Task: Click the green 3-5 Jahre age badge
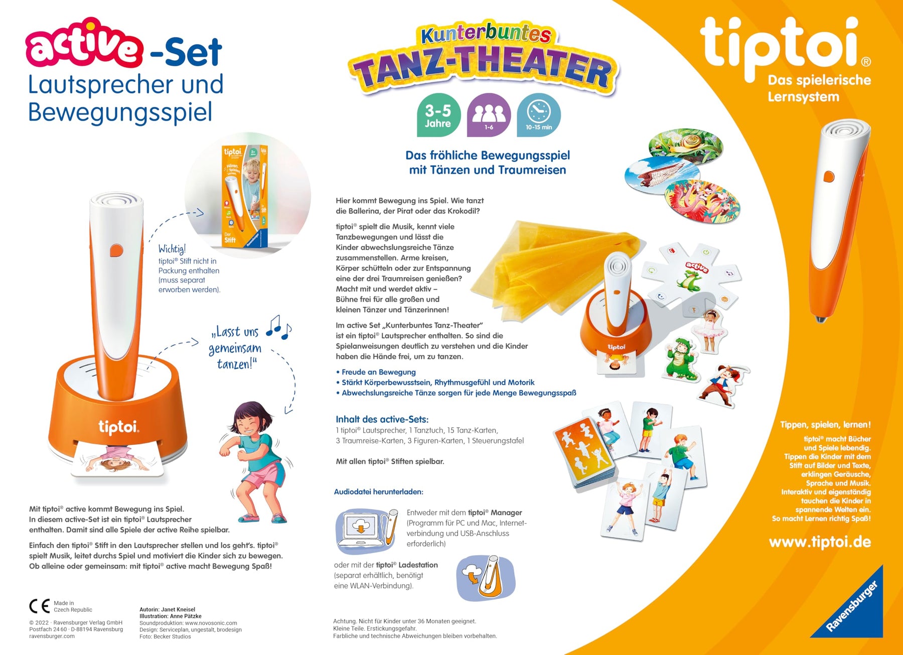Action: click(x=438, y=115)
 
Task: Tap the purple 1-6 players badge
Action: click(x=489, y=115)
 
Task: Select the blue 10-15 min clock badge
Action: click(x=539, y=115)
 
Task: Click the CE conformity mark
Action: click(x=39, y=606)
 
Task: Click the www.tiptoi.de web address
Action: click(x=820, y=542)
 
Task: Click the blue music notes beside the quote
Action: click(x=278, y=327)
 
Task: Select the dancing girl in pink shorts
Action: click(x=255, y=462)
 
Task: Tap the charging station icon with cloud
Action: click(x=486, y=578)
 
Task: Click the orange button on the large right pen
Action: click(x=829, y=177)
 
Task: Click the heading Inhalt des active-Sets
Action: click(x=382, y=419)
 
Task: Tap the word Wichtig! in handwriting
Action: click(x=172, y=248)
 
